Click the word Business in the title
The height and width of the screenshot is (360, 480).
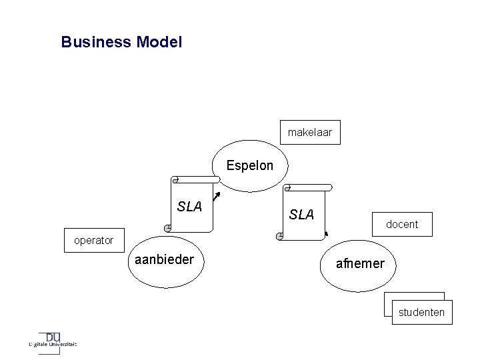[96, 43]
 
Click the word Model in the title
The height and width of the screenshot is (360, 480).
[158, 43]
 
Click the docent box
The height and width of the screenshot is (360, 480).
[402, 224]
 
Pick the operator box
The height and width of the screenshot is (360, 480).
[93, 240]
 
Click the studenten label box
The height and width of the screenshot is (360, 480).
[421, 312]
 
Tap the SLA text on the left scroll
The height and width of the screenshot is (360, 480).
[190, 207]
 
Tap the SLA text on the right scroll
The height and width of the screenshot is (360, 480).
[302, 214]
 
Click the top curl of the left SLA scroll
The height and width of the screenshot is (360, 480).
[175, 180]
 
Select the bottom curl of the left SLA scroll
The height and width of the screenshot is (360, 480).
[169, 229]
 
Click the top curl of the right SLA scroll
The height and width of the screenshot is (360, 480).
[287, 188]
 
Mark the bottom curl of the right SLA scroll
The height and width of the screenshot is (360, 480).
[280, 236]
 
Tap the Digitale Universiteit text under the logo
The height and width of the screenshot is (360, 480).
[53, 345]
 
